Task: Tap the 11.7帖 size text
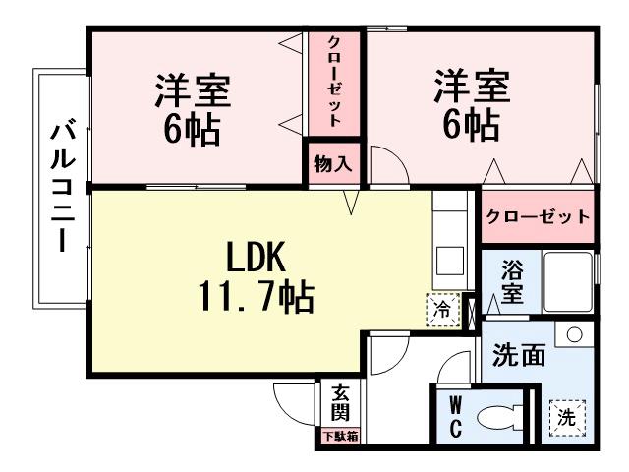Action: (x=257, y=295)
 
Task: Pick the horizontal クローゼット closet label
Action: (x=539, y=216)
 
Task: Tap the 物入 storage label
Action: (x=332, y=164)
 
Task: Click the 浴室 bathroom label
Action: (x=511, y=279)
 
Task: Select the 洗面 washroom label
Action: (x=518, y=355)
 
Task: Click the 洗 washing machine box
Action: (x=566, y=416)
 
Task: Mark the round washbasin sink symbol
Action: (x=573, y=334)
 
